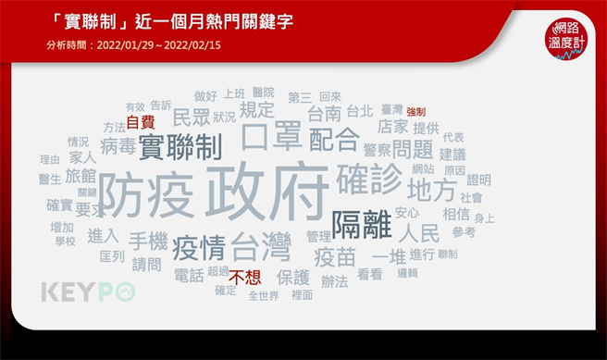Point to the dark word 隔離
pyautogui.click(x=360, y=223)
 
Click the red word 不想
pyautogui.click(x=246, y=275)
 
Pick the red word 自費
pyautogui.click(x=141, y=121)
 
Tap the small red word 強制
pyautogui.click(x=415, y=111)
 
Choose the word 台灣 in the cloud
pyautogui.click(x=260, y=248)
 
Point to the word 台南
pyautogui.click(x=325, y=115)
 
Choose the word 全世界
pyautogui.click(x=263, y=296)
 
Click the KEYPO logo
pyautogui.click(x=89, y=292)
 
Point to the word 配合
pyautogui.click(x=333, y=140)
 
